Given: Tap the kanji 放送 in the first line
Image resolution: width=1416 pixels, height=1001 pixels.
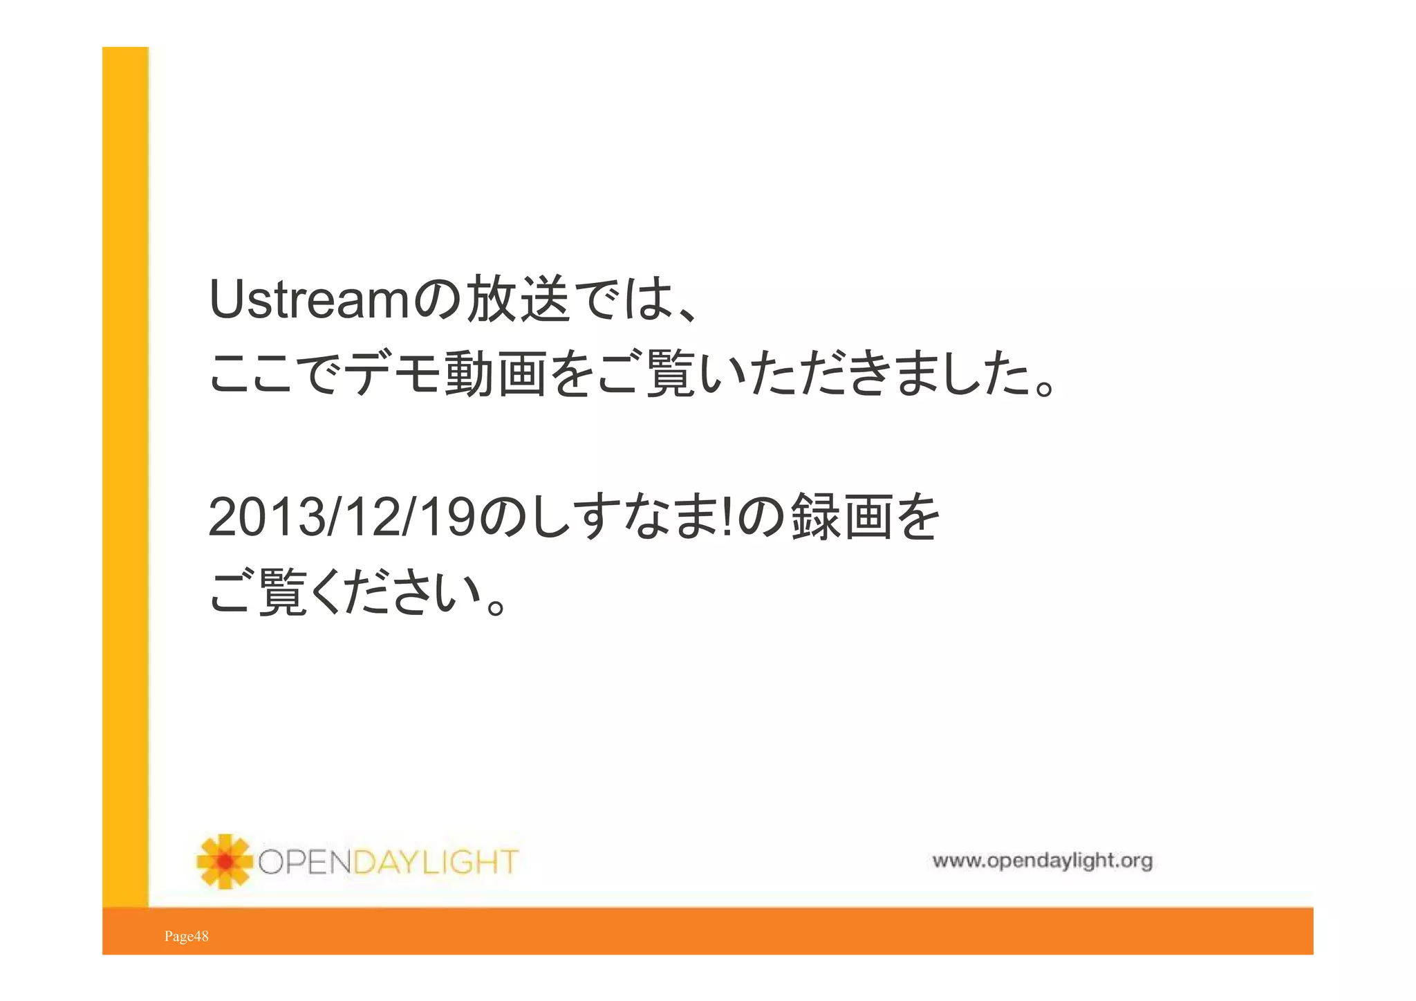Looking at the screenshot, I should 519,300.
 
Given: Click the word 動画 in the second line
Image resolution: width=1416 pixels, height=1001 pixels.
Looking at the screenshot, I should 496,374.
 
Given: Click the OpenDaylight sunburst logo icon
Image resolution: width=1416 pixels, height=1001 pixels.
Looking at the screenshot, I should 224,861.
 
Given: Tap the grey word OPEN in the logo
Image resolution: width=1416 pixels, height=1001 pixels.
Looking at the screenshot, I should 305,863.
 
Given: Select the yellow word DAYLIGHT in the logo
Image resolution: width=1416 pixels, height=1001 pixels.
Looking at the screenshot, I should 436,863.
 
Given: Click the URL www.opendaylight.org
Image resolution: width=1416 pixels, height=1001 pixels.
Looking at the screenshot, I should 1042,861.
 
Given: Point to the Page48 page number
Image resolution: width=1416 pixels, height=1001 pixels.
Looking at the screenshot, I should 186,937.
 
